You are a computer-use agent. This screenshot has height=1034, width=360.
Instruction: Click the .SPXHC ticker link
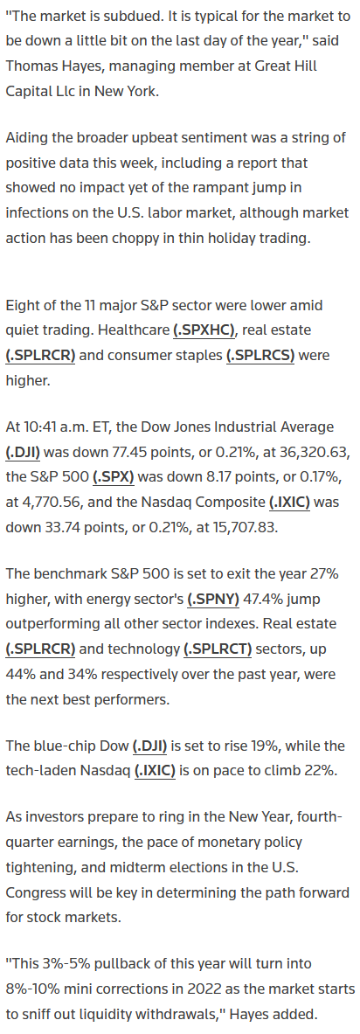(204, 330)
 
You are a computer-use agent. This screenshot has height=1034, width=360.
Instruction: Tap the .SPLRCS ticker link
(260, 356)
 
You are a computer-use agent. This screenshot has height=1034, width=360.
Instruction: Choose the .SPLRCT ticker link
(218, 649)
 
